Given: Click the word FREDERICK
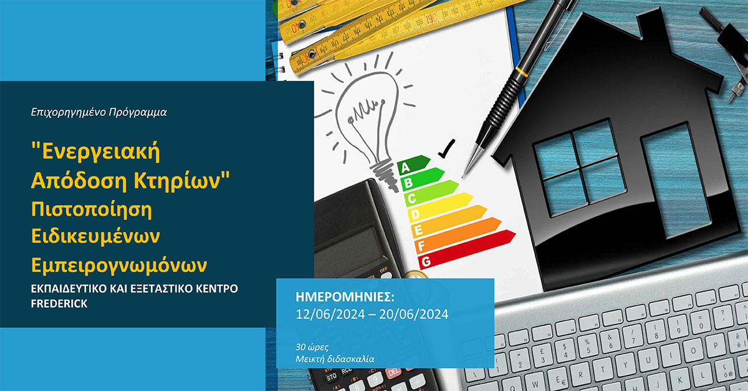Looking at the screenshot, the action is (x=59, y=304).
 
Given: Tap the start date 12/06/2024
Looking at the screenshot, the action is (x=330, y=314).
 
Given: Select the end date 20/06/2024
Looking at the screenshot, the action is (x=414, y=314).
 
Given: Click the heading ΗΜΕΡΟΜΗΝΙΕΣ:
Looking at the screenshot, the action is (x=345, y=297).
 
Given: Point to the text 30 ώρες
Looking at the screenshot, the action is (x=312, y=347).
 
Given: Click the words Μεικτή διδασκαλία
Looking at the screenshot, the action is (x=335, y=359).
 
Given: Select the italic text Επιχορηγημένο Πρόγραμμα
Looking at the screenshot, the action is (x=98, y=112).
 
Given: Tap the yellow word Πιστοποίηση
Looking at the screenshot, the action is (x=92, y=210).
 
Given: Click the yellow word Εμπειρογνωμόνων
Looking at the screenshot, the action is (x=119, y=266).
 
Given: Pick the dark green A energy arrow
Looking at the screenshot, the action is (x=413, y=164).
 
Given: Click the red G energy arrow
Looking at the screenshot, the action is (x=466, y=249).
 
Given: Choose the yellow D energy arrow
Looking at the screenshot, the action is (x=440, y=206).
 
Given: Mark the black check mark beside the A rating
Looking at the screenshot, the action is (x=447, y=148).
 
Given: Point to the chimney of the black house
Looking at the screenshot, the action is (x=651, y=25).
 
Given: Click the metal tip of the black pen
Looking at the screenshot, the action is (x=472, y=160).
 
